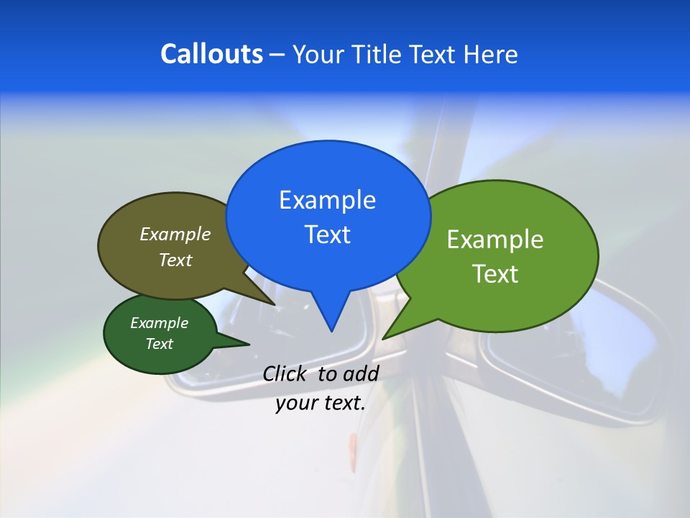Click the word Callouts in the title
[x=211, y=54]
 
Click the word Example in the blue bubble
[x=327, y=200]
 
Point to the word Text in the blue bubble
[x=327, y=235]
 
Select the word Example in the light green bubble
[x=495, y=240]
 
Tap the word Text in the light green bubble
[x=495, y=274]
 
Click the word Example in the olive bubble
[x=175, y=234]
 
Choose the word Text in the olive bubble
[x=175, y=260]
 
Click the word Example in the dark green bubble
[x=159, y=323]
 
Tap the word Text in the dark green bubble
[x=159, y=344]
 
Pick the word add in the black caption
[x=361, y=373]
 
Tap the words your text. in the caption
[x=321, y=403]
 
